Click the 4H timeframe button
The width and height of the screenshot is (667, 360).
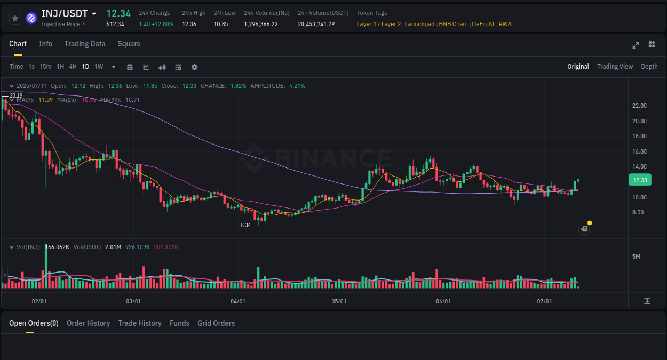[73, 67]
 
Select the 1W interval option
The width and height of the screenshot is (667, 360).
[99, 67]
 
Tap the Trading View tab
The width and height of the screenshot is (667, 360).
[615, 67]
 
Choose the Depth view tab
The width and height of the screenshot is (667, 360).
[649, 67]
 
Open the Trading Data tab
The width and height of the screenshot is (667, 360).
[85, 44]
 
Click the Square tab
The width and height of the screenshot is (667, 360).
[129, 44]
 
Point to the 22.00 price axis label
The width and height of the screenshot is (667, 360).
[639, 106]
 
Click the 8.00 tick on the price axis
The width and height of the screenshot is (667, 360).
[638, 212]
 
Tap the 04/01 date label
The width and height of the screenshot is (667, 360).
[238, 301]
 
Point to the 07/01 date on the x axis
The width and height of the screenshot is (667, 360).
[544, 301]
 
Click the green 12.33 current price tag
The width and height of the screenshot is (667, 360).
[640, 180]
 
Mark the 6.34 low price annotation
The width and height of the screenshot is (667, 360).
[245, 225]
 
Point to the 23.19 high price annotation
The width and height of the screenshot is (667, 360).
[16, 95]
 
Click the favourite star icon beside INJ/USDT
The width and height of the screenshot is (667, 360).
[15, 18]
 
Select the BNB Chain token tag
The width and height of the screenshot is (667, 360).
[453, 24]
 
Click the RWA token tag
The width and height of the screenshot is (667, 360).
[505, 24]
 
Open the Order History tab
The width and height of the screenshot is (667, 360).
[88, 323]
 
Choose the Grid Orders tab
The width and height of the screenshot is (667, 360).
[216, 323]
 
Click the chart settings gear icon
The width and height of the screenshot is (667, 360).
[194, 67]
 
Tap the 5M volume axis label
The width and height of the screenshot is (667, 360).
[636, 257]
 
